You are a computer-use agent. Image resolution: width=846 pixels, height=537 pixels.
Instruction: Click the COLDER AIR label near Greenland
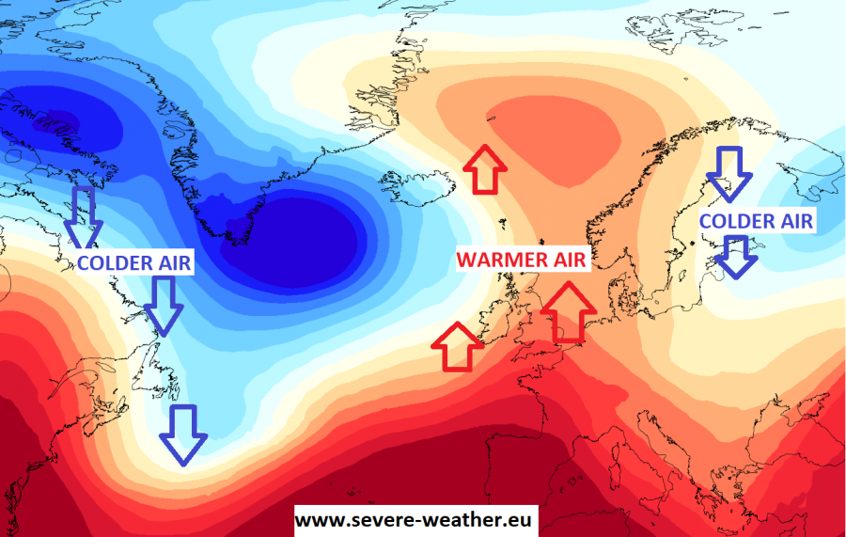click(134, 263)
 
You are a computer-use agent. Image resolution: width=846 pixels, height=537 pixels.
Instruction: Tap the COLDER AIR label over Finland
click(757, 221)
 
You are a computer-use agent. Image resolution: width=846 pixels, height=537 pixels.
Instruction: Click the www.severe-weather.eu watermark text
click(415, 518)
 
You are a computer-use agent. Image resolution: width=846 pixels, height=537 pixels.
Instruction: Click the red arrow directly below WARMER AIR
click(569, 310)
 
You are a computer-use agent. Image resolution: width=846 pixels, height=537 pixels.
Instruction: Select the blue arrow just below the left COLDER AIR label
click(164, 307)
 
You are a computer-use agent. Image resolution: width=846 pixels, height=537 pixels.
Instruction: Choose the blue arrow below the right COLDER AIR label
click(738, 257)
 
